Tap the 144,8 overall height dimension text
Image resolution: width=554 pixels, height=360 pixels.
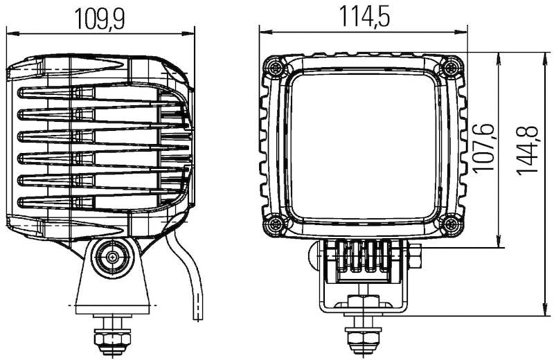pos(528,150)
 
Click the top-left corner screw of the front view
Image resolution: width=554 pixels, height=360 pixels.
pos(276,66)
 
